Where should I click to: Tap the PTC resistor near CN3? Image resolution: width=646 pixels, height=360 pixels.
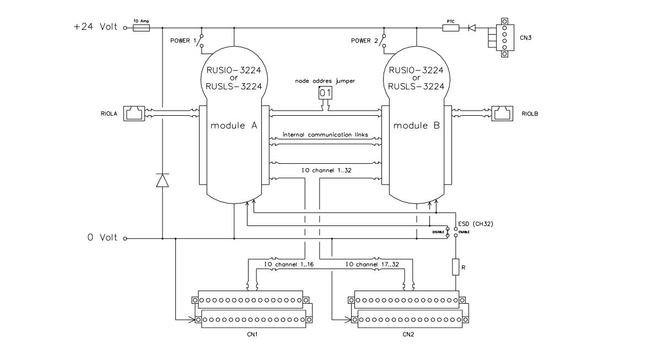point(451,27)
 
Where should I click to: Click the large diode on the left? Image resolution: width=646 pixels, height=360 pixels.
point(163,180)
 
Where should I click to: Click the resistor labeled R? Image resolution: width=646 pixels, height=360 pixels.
point(456,267)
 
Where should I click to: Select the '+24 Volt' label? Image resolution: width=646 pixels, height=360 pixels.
point(97,27)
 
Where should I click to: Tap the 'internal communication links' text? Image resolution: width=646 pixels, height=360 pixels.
point(325,135)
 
